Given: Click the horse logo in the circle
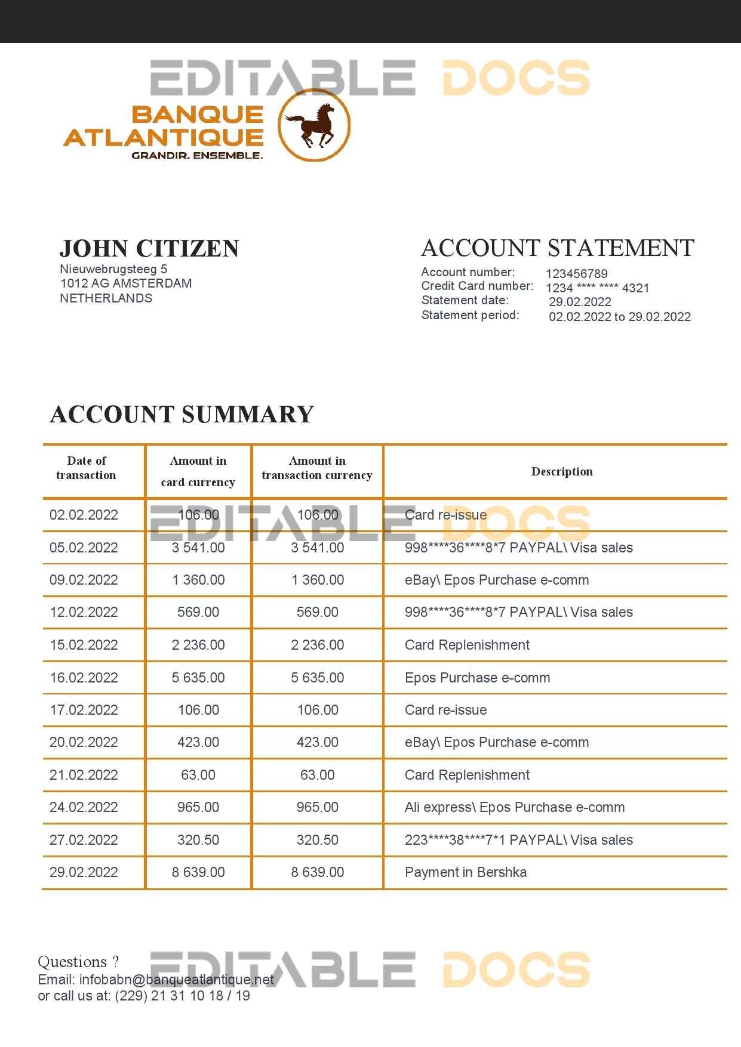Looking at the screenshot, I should tap(314, 125).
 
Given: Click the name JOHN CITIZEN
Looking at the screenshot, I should tap(149, 249).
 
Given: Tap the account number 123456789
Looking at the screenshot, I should tap(576, 274).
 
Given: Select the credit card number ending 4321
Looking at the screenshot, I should tap(597, 288).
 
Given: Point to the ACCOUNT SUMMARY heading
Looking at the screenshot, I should tap(182, 415).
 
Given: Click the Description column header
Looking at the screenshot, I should tap(562, 471).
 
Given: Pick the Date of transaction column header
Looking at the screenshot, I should tap(87, 468).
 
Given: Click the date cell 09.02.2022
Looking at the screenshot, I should tap(84, 580).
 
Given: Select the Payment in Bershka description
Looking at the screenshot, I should tap(466, 872).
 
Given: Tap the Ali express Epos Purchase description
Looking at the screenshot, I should tap(515, 807).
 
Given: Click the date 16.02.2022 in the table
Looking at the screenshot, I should tap(84, 678).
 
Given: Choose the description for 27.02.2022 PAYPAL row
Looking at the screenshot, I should tap(518, 840).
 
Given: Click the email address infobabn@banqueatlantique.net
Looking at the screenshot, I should tap(177, 980).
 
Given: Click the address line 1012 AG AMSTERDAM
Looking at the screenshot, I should tap(126, 283).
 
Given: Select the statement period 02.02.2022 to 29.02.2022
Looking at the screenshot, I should tap(620, 317).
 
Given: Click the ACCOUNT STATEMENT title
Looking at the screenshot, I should tap(558, 248).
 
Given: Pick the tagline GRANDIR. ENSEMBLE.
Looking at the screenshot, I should tap(197, 156).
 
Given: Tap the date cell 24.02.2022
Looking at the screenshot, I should tap(84, 807).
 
